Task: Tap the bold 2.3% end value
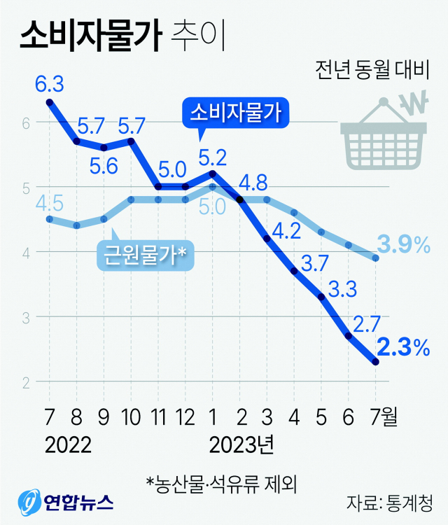pos(402,346)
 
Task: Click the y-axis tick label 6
pos(25,122)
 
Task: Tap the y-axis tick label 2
pos(25,382)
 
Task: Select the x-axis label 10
pos(131,419)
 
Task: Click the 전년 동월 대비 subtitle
pos(371,71)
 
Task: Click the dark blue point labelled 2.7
pos(349,336)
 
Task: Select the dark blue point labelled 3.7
pos(295,271)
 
